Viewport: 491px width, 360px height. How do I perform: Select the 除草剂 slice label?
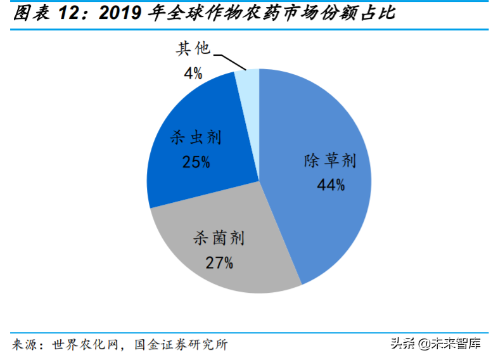click(x=330, y=161)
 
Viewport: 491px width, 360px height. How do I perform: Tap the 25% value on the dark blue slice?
click(x=197, y=162)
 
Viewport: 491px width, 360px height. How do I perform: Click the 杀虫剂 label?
click(x=197, y=138)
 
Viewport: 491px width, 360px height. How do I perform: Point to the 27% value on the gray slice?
click(x=219, y=262)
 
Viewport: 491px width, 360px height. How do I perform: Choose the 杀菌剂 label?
click(x=219, y=239)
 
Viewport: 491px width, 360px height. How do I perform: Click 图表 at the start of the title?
click(x=27, y=13)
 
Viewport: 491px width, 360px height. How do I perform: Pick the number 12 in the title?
click(x=68, y=13)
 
